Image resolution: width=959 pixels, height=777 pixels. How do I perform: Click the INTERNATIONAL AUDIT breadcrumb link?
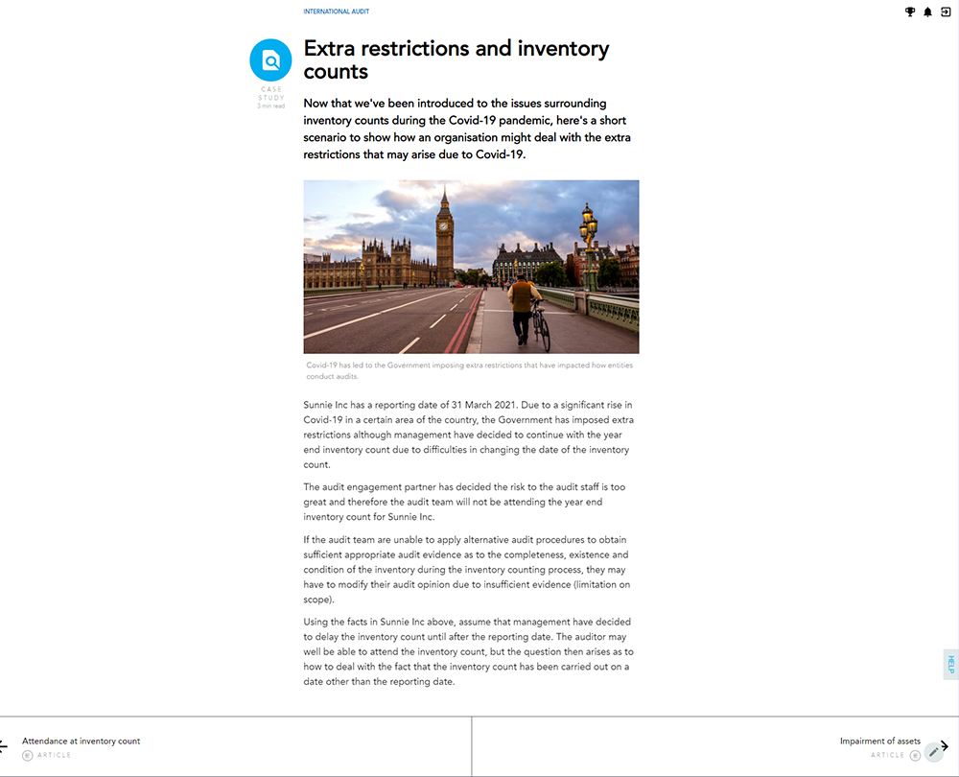(336, 12)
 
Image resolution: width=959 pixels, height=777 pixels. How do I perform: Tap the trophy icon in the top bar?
(910, 12)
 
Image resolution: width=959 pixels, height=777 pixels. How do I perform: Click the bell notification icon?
(927, 12)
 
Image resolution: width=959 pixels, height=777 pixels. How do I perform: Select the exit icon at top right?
(946, 12)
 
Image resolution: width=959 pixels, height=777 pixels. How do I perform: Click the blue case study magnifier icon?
(270, 60)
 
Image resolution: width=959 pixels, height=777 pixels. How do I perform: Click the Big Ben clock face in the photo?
(443, 226)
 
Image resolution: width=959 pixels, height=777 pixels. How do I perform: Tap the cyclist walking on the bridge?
(522, 307)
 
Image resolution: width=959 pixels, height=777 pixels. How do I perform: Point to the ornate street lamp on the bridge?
(588, 230)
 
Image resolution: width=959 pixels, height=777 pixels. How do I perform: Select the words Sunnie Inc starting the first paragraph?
(326, 406)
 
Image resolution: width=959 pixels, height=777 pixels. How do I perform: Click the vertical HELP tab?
(951, 664)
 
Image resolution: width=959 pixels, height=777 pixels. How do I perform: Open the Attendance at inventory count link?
(82, 741)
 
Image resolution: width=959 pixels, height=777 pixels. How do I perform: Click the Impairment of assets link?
(879, 741)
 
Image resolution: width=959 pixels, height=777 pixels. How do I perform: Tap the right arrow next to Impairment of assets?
(946, 745)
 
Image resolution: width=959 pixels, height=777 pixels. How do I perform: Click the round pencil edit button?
(933, 753)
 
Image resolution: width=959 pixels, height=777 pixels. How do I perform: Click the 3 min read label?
(270, 106)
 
